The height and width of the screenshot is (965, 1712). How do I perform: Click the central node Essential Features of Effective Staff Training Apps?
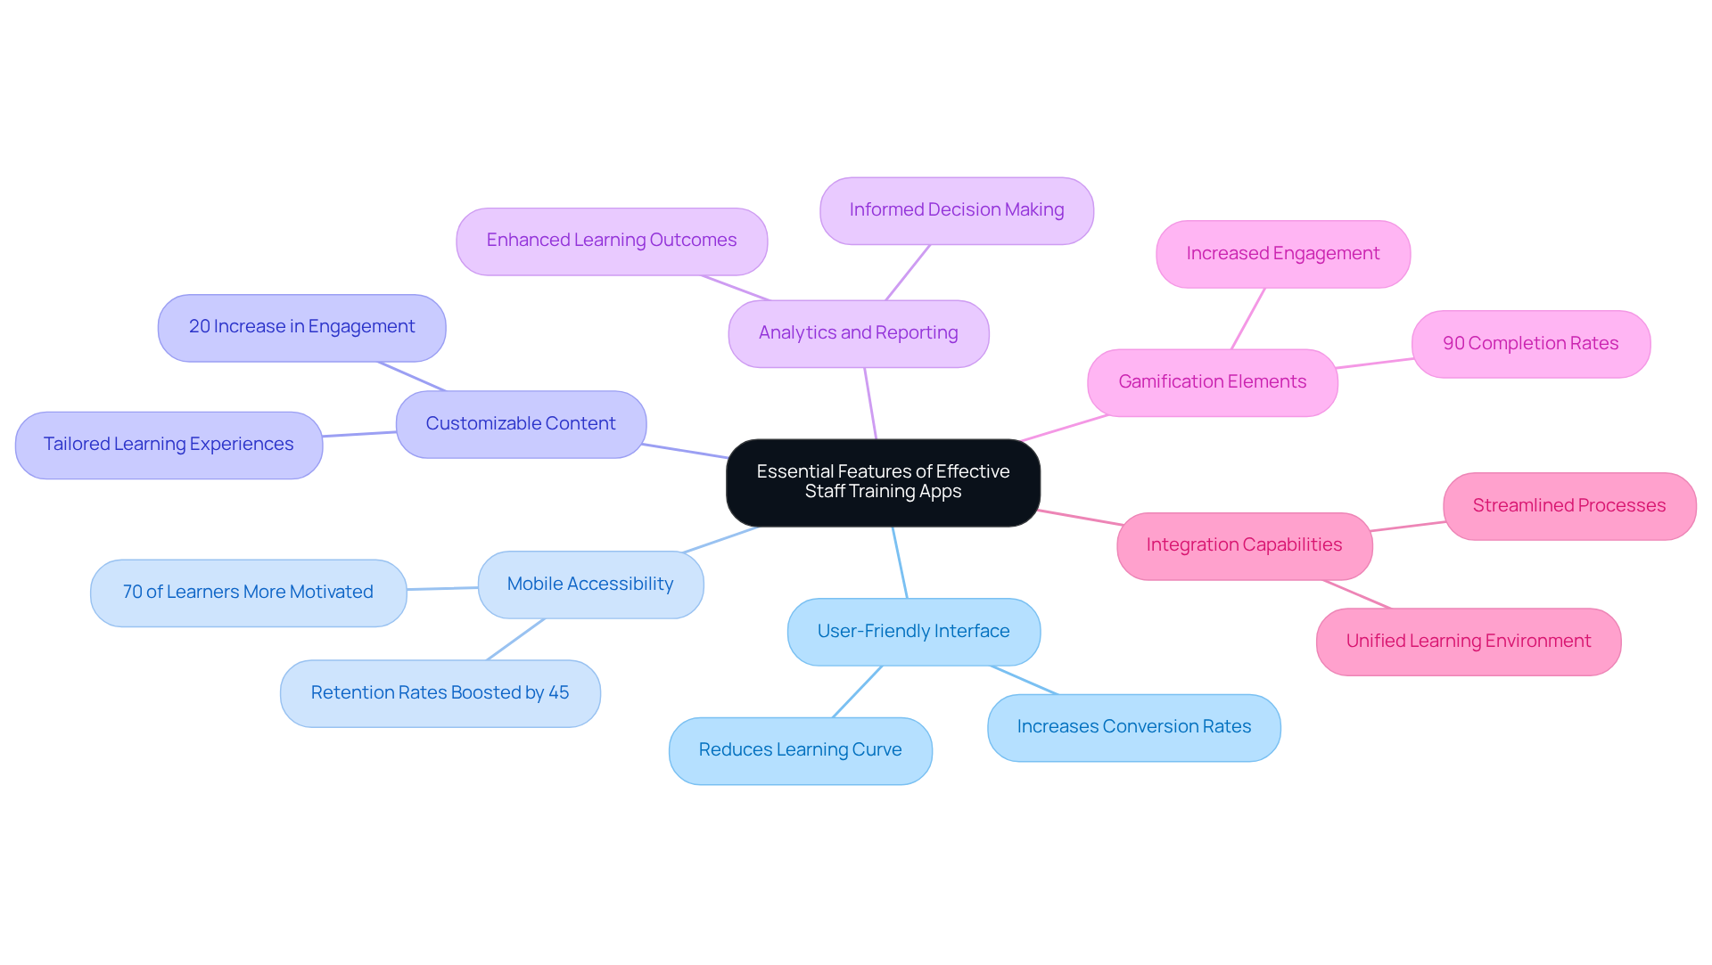click(883, 482)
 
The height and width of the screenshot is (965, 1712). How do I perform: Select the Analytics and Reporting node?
click(858, 333)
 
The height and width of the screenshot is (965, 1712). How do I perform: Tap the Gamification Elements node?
click(1212, 382)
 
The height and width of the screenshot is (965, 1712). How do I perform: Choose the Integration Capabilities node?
click(1244, 545)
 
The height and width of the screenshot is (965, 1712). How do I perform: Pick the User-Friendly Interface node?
click(913, 632)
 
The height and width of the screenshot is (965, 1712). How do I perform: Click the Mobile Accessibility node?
click(590, 585)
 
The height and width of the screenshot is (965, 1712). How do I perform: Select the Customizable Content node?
click(521, 424)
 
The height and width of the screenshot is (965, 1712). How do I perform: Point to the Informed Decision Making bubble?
click(956, 210)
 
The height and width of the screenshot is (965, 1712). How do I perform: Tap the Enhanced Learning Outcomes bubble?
click(611, 241)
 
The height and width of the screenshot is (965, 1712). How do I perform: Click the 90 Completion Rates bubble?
click(1530, 344)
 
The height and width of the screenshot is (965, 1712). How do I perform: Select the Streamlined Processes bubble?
click(1568, 506)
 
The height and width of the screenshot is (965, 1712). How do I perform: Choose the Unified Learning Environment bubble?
click(1468, 642)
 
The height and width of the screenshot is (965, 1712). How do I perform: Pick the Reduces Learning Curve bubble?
click(800, 750)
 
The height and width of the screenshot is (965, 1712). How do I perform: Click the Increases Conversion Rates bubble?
click(1133, 727)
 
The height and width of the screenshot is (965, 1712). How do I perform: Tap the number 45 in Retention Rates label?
click(559, 693)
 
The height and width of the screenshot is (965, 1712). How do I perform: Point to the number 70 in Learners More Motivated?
click(132, 593)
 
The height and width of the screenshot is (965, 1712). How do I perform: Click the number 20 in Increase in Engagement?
click(199, 327)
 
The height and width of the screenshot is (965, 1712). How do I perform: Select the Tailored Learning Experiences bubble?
click(169, 445)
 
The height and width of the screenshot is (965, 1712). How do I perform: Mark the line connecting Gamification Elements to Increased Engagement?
click(1247, 319)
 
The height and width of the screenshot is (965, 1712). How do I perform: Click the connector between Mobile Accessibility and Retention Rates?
click(515, 640)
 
